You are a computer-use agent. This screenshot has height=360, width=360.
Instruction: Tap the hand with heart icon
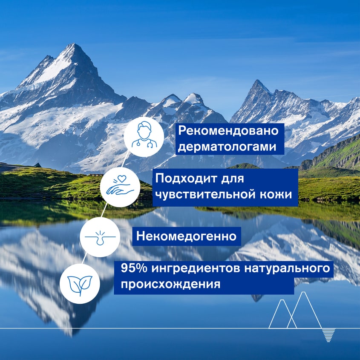(x=120, y=187)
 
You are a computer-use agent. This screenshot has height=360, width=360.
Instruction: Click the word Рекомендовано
(x=229, y=131)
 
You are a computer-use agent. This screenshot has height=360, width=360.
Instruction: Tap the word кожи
(x=277, y=194)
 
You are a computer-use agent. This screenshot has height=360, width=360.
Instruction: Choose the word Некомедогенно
(x=186, y=236)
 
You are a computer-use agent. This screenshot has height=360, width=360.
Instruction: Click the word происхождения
(x=170, y=284)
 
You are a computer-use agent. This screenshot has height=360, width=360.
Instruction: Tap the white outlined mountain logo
(x=295, y=311)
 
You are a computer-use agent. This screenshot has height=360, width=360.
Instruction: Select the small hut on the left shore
(x=38, y=165)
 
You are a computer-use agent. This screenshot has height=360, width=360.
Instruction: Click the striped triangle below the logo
(x=328, y=335)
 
